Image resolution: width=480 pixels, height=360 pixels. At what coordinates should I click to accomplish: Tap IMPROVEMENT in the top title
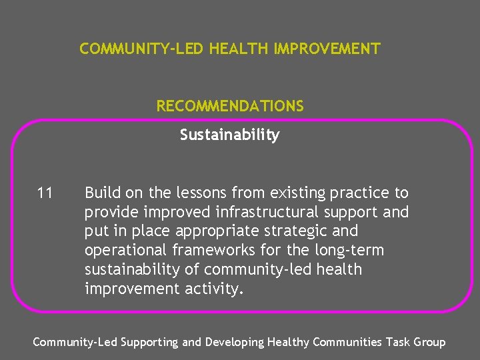tap(327, 49)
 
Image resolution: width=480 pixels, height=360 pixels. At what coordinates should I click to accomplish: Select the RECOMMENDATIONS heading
tap(230, 106)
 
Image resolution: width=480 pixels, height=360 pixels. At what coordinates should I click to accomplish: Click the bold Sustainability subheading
tap(229, 135)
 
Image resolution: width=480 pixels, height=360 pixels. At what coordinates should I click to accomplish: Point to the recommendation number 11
tap(45, 193)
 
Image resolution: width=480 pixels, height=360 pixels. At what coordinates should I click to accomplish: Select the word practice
tap(358, 193)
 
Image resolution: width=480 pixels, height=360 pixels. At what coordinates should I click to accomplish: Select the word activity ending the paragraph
tap(212, 289)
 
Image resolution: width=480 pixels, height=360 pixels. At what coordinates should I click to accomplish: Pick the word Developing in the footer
tap(233, 342)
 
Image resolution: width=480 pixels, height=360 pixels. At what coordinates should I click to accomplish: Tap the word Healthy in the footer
tap(288, 342)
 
